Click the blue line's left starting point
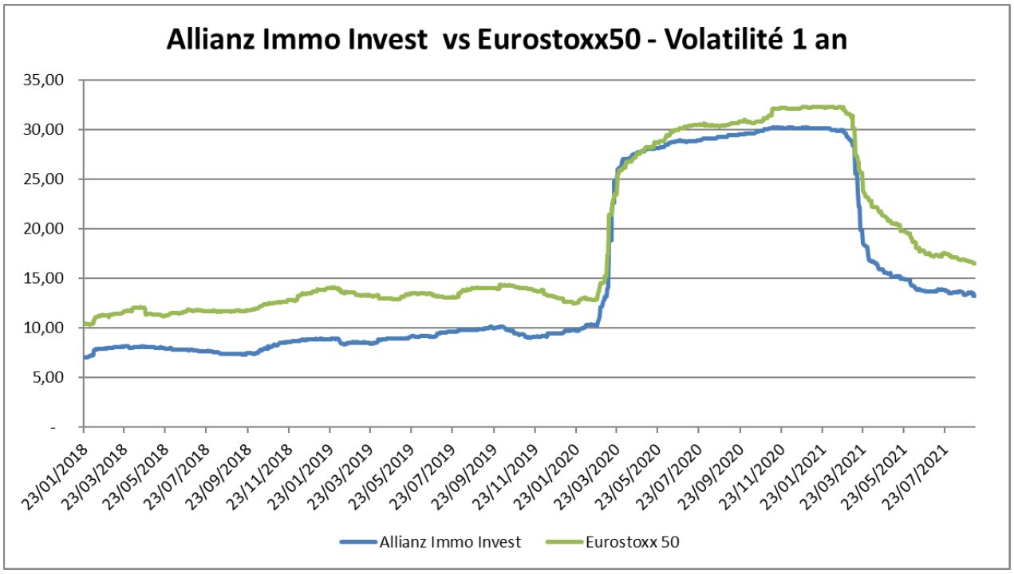tap(84, 357)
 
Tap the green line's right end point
tap(975, 263)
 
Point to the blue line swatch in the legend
tap(358, 542)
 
